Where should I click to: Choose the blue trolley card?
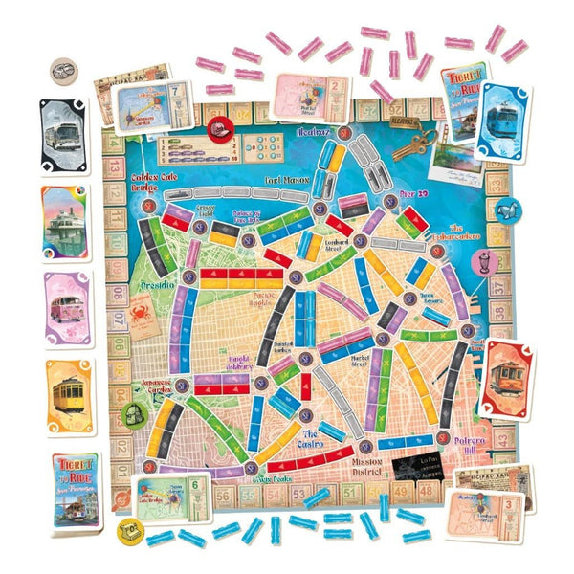[501, 120]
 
